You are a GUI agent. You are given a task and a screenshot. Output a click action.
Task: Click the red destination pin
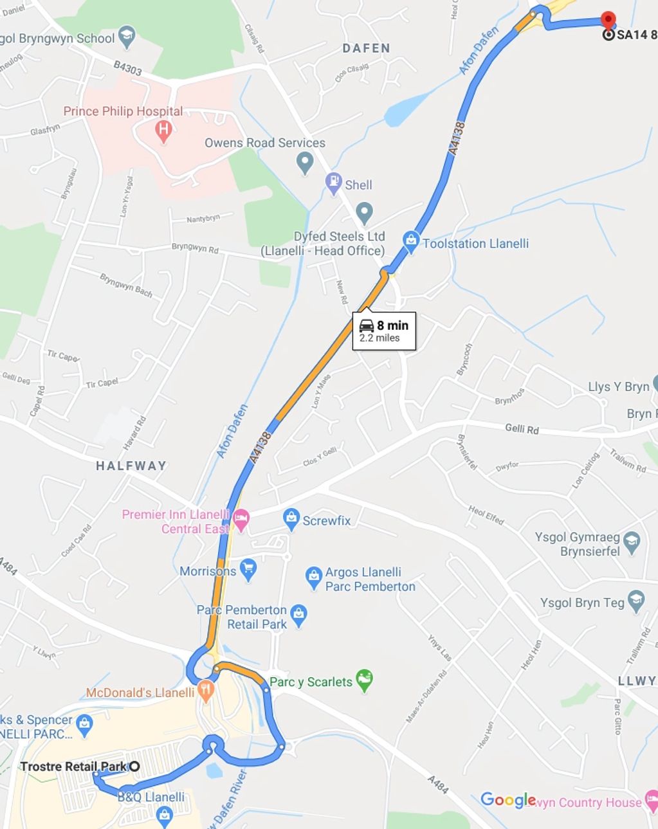coord(607,20)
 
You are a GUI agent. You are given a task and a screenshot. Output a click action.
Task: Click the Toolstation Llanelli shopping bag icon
coord(410,241)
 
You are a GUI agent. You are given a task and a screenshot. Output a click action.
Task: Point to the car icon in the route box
coord(367,325)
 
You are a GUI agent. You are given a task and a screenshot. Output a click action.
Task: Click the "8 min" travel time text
coord(392,325)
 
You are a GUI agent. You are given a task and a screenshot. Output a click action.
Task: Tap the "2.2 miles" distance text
coord(379,338)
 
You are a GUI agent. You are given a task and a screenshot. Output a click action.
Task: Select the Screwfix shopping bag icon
coord(291,518)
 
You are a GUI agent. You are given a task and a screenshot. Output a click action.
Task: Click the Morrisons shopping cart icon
coord(248,569)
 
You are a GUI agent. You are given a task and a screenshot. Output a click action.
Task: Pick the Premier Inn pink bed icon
coord(241,520)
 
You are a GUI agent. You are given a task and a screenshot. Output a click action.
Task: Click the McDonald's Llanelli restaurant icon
coord(205,691)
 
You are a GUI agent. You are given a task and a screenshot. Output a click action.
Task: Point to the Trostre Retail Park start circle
coord(134,766)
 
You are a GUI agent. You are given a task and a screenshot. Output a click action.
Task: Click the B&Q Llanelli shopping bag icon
coord(164,815)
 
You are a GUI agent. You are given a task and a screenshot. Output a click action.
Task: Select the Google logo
coord(508,800)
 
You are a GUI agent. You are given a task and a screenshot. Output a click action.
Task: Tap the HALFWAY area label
coord(131,466)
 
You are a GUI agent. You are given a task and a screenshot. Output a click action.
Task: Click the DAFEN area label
coord(366,48)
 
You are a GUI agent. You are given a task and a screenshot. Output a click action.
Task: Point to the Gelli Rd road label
coord(522,429)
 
